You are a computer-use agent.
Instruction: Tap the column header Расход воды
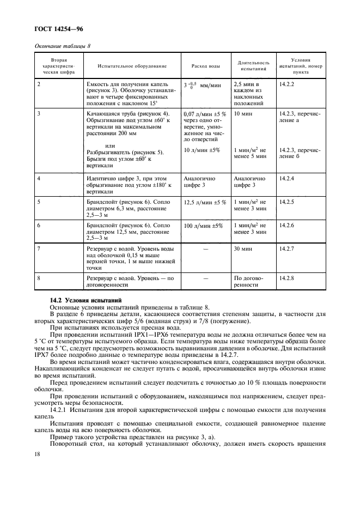[x=206, y=66]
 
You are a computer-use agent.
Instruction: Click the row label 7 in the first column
[x=38, y=248]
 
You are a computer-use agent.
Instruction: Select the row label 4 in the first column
[x=38, y=178]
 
